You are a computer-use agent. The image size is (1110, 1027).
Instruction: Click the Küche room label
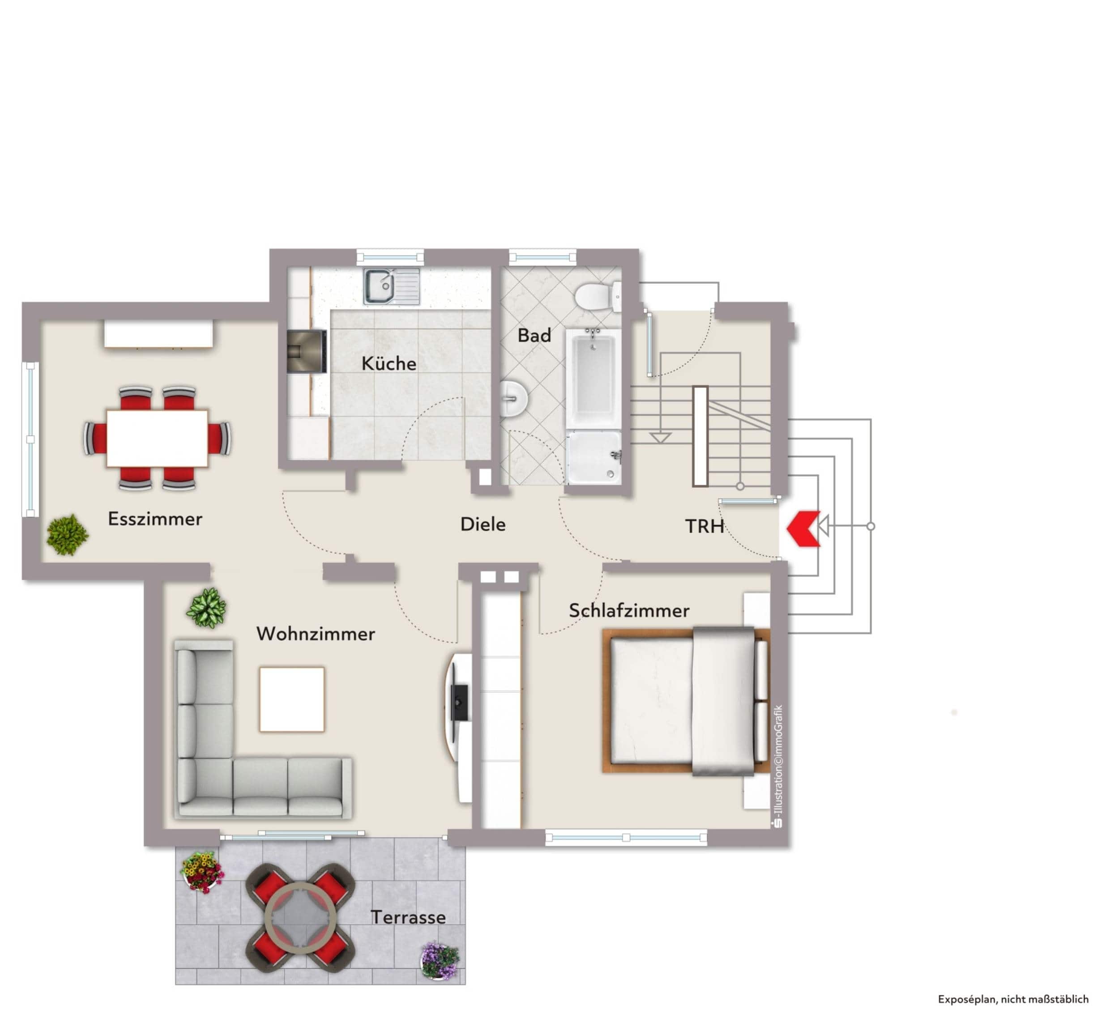click(388, 363)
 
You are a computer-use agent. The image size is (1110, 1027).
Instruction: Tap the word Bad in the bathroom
click(534, 335)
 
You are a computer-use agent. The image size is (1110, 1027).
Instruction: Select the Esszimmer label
click(155, 519)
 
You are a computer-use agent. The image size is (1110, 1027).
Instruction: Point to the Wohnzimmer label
click(316, 634)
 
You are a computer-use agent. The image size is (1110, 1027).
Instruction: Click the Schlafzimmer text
click(629, 610)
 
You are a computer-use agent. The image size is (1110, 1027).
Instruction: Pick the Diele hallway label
click(483, 524)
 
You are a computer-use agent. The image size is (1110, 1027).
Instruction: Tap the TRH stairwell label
click(704, 526)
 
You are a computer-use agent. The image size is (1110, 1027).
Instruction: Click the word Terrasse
click(409, 917)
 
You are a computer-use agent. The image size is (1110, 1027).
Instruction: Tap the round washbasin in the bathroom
click(513, 398)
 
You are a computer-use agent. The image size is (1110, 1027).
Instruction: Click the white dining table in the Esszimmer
click(157, 439)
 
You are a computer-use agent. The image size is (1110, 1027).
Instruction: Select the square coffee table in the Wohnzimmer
click(292, 699)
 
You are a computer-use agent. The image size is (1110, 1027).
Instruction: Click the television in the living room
click(459, 703)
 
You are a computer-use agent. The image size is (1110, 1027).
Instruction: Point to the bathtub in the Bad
click(593, 378)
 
